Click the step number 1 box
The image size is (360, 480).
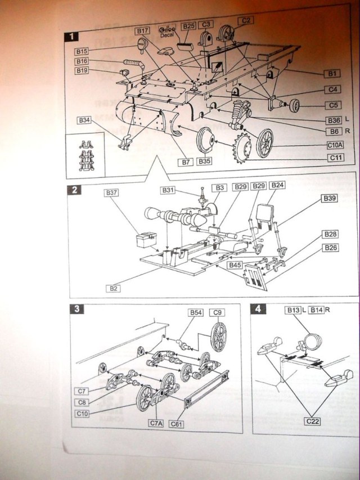point(71,37)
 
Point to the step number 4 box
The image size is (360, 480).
point(258,309)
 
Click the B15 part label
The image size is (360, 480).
point(83,51)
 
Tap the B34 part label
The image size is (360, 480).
point(84,120)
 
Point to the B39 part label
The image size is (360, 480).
point(330,198)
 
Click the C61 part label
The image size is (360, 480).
point(176,423)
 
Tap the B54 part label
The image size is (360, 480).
point(196,312)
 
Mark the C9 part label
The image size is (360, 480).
point(217,312)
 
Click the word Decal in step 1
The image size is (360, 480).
point(167,35)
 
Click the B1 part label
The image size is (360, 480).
point(332,73)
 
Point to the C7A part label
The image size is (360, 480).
point(155,423)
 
